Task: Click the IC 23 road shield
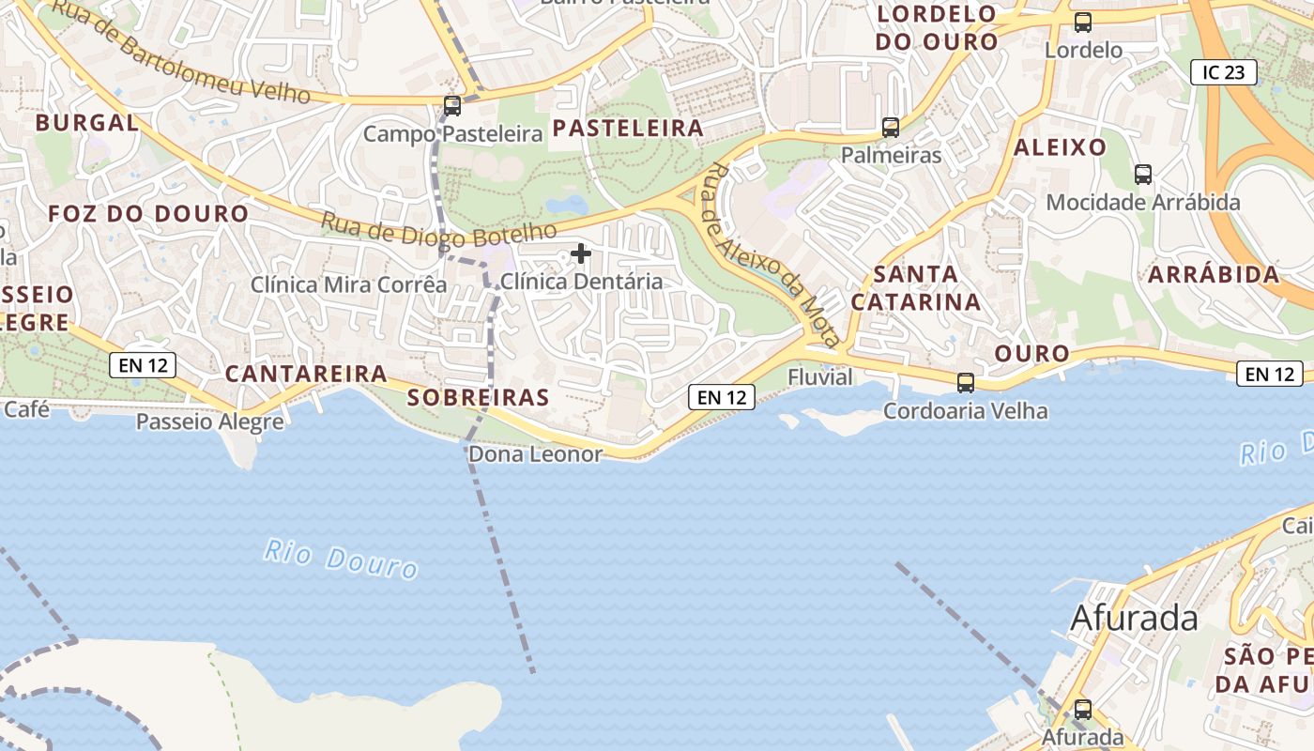(x=1223, y=72)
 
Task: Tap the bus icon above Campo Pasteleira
(x=452, y=105)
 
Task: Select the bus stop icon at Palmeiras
(x=890, y=127)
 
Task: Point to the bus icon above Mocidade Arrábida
(x=1142, y=174)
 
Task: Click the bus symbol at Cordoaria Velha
(x=965, y=382)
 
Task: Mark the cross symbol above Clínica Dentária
(x=581, y=253)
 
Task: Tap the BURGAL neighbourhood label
(x=87, y=122)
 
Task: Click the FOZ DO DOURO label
(x=148, y=214)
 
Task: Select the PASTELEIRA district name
(x=628, y=129)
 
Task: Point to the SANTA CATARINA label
(x=915, y=288)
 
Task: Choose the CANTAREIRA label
(x=306, y=374)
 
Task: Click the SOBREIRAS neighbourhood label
(x=478, y=397)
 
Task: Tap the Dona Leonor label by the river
(x=535, y=454)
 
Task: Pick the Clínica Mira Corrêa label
(x=348, y=284)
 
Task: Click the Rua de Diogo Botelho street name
(x=438, y=230)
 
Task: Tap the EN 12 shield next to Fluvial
(x=722, y=397)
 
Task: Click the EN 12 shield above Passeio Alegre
(x=143, y=365)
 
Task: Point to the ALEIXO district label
(x=1060, y=147)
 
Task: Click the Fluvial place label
(x=820, y=377)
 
